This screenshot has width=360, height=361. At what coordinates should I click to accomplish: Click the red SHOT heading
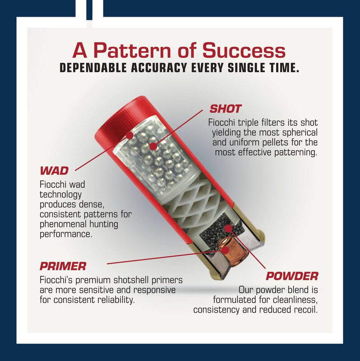(x=225, y=109)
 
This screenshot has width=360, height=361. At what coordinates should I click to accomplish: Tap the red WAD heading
(x=54, y=171)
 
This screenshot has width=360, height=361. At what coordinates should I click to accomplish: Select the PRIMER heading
(x=63, y=266)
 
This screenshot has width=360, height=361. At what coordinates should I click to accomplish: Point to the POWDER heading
(x=292, y=276)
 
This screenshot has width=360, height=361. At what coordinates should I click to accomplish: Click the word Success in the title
(x=244, y=51)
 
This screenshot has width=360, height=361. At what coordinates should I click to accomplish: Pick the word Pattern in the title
(x=132, y=51)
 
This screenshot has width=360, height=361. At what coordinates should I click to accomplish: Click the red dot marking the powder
(x=228, y=228)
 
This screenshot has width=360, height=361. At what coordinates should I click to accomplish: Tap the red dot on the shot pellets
(x=153, y=146)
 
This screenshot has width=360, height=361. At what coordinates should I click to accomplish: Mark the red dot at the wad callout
(x=129, y=135)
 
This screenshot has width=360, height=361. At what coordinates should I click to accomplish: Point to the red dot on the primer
(x=226, y=250)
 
